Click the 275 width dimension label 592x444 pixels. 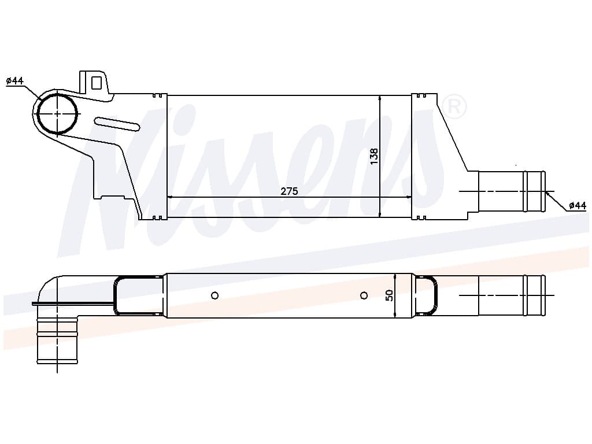pyautogui.click(x=289, y=191)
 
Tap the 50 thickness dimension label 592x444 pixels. pyautogui.click(x=389, y=295)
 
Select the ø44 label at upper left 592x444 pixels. pyautogui.click(x=15, y=81)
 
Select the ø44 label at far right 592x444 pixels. pyautogui.click(x=577, y=205)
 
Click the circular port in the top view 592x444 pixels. pyautogui.click(x=57, y=114)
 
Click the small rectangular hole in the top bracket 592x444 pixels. pyautogui.click(x=97, y=83)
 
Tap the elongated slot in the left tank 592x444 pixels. pyautogui.click(x=117, y=124)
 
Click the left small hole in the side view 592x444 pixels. pyautogui.click(x=215, y=295)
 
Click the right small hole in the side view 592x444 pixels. pyautogui.click(x=364, y=295)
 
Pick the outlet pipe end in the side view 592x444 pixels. pyautogui.click(x=534, y=295)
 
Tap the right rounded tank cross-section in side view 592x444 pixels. pyautogui.click(x=426, y=295)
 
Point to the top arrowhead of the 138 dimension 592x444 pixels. pyautogui.click(x=380, y=99)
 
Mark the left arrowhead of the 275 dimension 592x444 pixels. pyautogui.click(x=170, y=197)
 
